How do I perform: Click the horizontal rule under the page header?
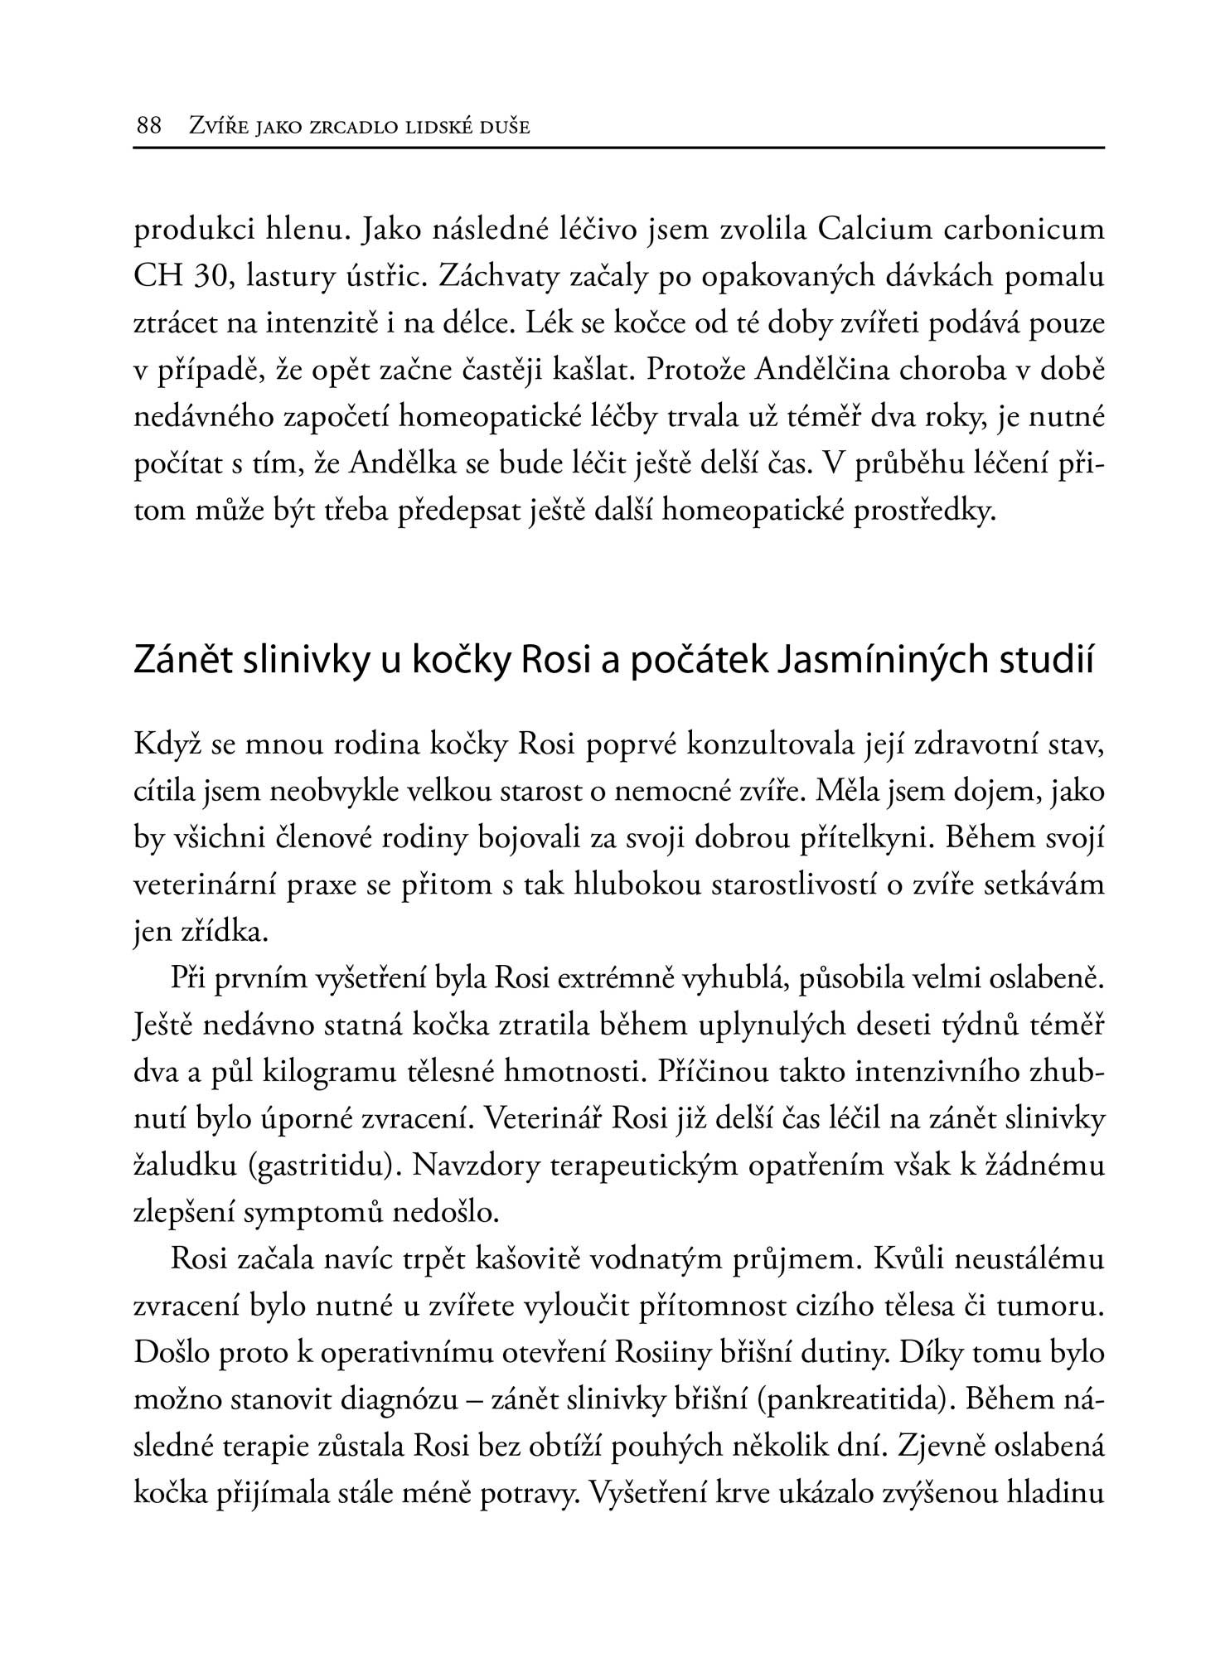619,148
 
